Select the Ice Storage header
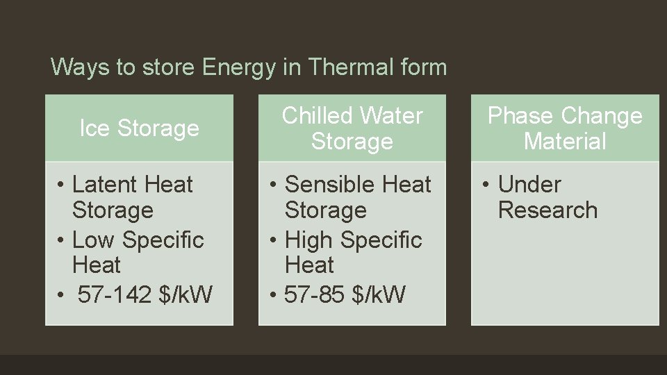[x=139, y=128]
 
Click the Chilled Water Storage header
[x=352, y=128]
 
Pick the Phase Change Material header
[x=565, y=128]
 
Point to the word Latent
[x=97, y=185]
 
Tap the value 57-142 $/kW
[x=145, y=294]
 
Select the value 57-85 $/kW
[x=345, y=294]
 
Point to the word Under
[x=529, y=185]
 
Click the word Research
[x=547, y=210]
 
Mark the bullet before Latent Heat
[x=62, y=185]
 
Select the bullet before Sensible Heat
[x=274, y=185]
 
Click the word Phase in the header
[x=521, y=116]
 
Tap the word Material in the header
[x=565, y=142]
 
